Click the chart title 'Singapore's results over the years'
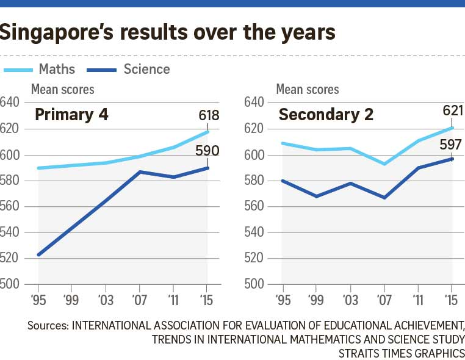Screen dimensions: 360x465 point(168,32)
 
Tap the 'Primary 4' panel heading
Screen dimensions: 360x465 point(71,115)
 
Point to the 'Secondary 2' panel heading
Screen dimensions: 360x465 point(326,115)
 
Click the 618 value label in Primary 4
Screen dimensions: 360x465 point(208,116)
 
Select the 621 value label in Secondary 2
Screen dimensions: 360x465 point(453,111)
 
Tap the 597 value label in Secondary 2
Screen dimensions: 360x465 point(453,145)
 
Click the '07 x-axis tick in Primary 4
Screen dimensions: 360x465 point(140,300)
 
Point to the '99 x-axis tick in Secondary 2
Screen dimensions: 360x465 point(316,300)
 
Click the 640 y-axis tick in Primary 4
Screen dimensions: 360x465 point(10,102)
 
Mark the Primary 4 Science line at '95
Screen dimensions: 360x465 point(38,254)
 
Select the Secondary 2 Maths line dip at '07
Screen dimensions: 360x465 point(384,164)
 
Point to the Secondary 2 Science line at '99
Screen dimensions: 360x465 point(316,196)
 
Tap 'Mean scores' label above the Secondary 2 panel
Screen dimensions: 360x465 point(307,90)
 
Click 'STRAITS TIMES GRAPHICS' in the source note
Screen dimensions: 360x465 point(403,353)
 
